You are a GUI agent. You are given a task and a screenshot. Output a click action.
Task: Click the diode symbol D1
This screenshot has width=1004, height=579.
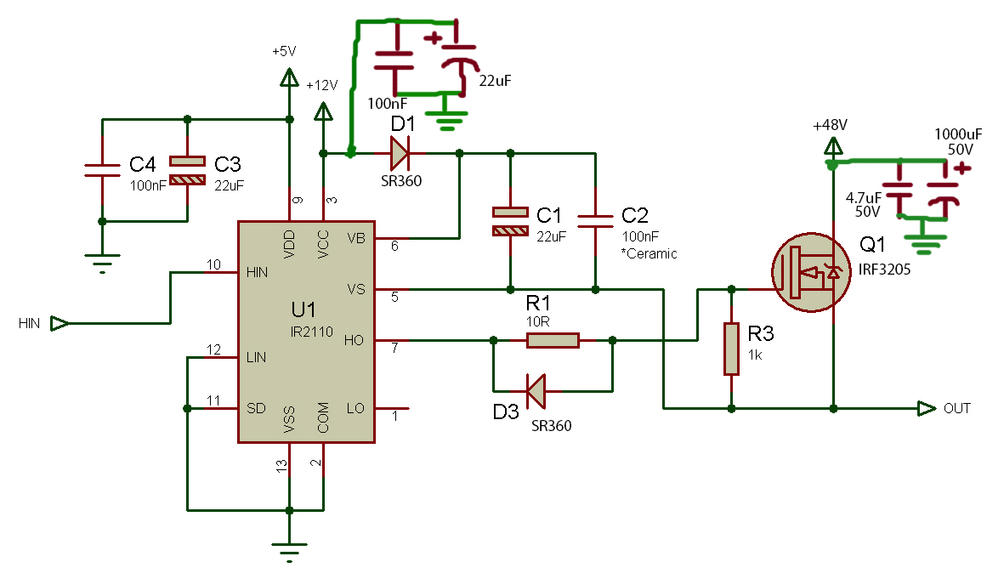coord(399,154)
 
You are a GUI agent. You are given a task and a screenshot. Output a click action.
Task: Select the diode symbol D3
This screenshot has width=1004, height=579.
coord(536,392)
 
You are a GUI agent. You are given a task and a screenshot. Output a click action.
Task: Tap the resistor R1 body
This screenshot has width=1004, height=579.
coord(553,341)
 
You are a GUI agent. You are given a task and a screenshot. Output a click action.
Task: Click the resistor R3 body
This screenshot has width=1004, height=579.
coord(731,349)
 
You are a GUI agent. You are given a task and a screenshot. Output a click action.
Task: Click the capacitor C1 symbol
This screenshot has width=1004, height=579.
coord(510,222)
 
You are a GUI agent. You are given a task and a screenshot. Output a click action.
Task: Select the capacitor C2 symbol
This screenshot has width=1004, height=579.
coord(595,222)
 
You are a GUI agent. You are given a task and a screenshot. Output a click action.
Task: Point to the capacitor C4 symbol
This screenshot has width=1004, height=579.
coord(102,170)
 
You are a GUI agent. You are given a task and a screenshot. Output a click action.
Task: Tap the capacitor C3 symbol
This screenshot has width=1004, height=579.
coord(187,170)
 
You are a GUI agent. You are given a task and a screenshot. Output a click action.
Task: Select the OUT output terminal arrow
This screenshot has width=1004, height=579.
coord(927,409)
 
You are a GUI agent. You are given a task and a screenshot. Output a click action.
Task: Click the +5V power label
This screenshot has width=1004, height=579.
coord(284,52)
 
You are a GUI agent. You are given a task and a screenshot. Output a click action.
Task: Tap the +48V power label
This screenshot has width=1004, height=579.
coord(830,125)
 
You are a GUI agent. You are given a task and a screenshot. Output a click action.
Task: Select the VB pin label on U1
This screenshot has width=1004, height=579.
coord(356,239)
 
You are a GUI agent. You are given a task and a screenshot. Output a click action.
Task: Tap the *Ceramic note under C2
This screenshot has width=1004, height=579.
coord(650,253)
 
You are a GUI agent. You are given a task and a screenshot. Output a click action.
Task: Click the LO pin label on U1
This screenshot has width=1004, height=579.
coord(355,409)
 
